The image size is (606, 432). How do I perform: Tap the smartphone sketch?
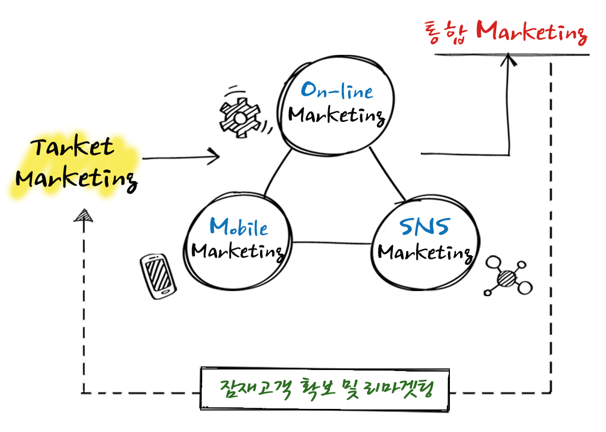click(158, 276)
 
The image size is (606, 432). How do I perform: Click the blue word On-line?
click(337, 90)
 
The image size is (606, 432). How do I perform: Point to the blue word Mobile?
click(239, 227)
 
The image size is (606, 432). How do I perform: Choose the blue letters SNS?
click(424, 227)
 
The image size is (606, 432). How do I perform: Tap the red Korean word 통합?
click(445, 32)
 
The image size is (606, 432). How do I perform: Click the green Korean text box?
click(324, 389)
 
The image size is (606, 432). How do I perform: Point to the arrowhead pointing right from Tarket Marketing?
click(214, 156)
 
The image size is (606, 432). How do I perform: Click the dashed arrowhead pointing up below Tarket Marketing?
click(83, 215)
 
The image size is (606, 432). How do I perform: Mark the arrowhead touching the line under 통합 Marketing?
click(508, 60)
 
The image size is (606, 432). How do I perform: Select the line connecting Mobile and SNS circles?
click(331, 243)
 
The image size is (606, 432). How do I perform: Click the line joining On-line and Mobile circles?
click(277, 173)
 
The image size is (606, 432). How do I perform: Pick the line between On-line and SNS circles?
click(387, 174)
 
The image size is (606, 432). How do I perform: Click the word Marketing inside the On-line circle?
click(337, 115)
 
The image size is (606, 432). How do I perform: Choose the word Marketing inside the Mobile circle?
click(238, 252)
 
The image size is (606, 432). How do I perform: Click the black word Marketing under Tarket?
click(77, 179)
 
